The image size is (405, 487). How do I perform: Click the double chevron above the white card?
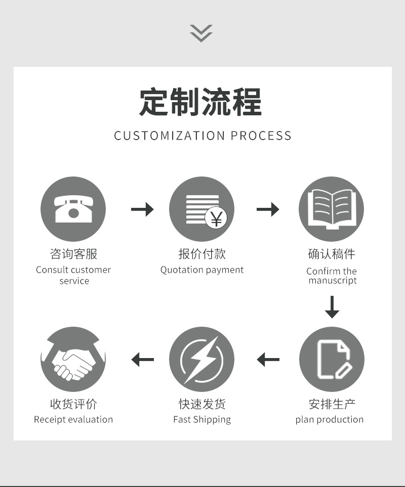[x=201, y=33]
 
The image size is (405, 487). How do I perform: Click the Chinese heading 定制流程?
[x=201, y=102]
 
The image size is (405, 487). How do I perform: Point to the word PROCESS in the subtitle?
[x=261, y=136]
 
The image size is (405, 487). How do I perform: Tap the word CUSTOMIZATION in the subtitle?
[x=170, y=136]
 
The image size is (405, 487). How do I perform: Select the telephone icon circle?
[x=73, y=209]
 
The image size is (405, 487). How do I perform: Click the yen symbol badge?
[x=216, y=219]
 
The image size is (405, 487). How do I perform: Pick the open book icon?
[x=332, y=209]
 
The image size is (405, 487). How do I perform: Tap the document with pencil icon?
[x=332, y=359]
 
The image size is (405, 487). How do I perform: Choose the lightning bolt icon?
[x=201, y=359]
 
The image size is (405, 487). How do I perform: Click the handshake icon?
[x=73, y=359]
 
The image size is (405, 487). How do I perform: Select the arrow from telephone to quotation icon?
[x=142, y=209]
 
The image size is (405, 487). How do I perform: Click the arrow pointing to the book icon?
[x=268, y=209]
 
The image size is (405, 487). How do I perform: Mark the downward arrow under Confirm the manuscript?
[x=332, y=307]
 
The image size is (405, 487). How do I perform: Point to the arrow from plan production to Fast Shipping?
[x=268, y=360]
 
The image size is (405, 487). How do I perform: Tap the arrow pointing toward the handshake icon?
[x=142, y=360]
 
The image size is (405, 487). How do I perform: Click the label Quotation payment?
[x=202, y=270]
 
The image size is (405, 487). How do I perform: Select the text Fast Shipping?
[x=202, y=419]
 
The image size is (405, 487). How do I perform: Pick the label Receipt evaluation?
[x=73, y=419]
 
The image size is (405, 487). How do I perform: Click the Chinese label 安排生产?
[x=332, y=404]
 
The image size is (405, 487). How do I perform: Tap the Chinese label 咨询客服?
[x=73, y=254]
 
